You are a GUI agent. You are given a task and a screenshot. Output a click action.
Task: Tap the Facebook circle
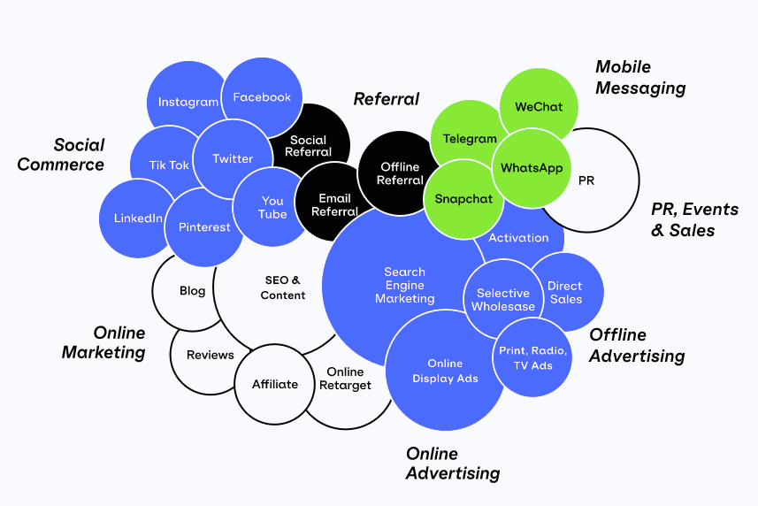[262, 97]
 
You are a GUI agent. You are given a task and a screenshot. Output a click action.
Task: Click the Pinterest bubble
[203, 227]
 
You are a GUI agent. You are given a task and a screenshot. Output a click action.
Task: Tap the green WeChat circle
[539, 107]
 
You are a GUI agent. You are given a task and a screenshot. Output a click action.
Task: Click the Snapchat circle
[463, 199]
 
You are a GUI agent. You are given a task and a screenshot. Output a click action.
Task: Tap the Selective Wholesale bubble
[503, 299]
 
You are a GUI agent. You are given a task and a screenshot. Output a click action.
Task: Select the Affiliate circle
[274, 384]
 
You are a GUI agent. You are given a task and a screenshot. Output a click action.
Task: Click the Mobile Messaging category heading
[640, 77]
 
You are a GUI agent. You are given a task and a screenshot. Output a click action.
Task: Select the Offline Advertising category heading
[636, 345]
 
